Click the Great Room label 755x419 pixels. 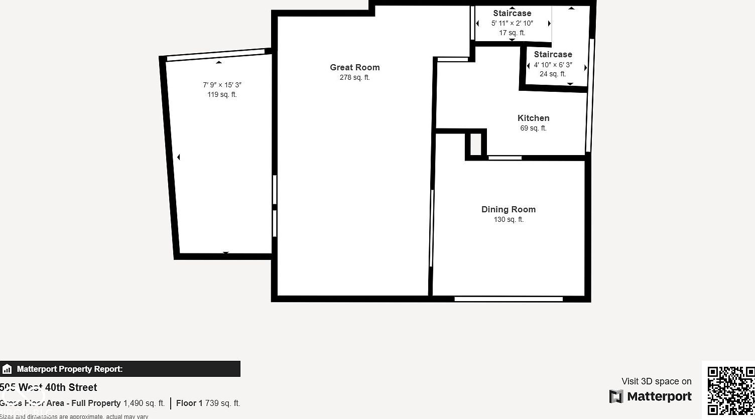[354, 67]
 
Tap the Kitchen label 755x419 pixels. [533, 118]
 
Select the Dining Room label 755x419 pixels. [508, 209]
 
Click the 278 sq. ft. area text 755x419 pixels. [354, 78]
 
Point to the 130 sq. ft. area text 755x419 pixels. [508, 220]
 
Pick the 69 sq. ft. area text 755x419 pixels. [533, 128]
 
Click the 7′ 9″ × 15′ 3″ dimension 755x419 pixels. [222, 85]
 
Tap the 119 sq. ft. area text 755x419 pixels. [222, 95]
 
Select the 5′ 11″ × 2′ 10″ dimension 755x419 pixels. [512, 23]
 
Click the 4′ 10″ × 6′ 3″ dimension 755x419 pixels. [553, 65]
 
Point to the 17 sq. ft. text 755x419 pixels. [512, 33]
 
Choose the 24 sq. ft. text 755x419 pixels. [553, 74]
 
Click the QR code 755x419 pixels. [730, 390]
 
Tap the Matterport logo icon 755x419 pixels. [616, 396]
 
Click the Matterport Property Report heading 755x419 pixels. [70, 369]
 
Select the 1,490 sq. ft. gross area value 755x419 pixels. [144, 403]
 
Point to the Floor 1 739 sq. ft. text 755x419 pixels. [208, 403]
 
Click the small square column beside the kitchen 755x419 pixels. [475, 145]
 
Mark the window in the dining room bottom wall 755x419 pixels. [508, 299]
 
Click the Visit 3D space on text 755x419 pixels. [656, 381]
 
